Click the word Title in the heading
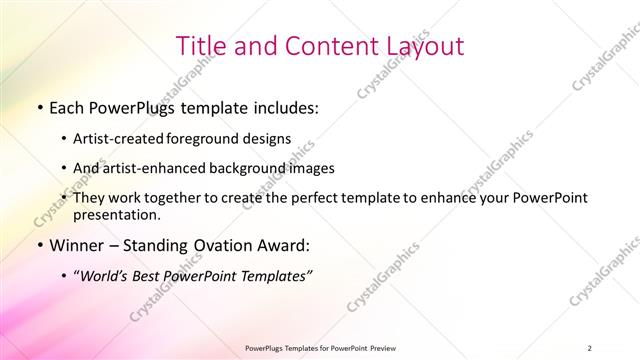(200, 46)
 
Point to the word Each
(67, 106)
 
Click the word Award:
(283, 245)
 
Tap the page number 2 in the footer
(589, 348)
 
